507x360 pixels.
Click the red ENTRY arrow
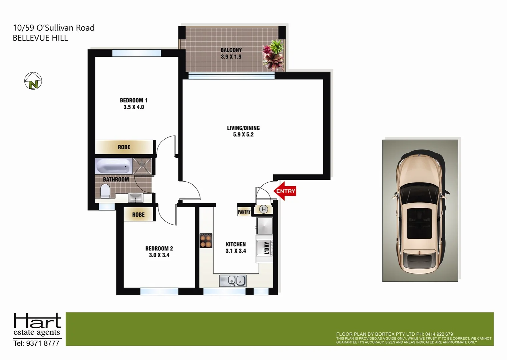click(285, 191)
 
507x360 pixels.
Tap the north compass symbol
click(33, 81)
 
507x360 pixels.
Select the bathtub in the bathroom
click(113, 166)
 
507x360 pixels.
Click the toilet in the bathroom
click(105, 191)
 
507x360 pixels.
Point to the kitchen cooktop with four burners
click(206, 240)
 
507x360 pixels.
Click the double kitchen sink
click(233, 281)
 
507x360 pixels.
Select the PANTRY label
click(244, 212)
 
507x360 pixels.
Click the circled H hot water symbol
click(264, 209)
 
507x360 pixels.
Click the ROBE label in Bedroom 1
click(124, 147)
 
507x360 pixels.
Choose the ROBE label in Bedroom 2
click(138, 215)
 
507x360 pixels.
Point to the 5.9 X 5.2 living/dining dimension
click(243, 135)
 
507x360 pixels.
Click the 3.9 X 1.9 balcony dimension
click(231, 57)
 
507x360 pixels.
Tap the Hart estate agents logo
click(37, 324)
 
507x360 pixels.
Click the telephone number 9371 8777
click(42, 343)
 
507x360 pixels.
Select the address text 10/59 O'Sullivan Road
click(54, 28)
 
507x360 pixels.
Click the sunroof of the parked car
click(419, 223)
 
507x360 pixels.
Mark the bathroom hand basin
click(136, 198)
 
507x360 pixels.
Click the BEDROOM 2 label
click(159, 248)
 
